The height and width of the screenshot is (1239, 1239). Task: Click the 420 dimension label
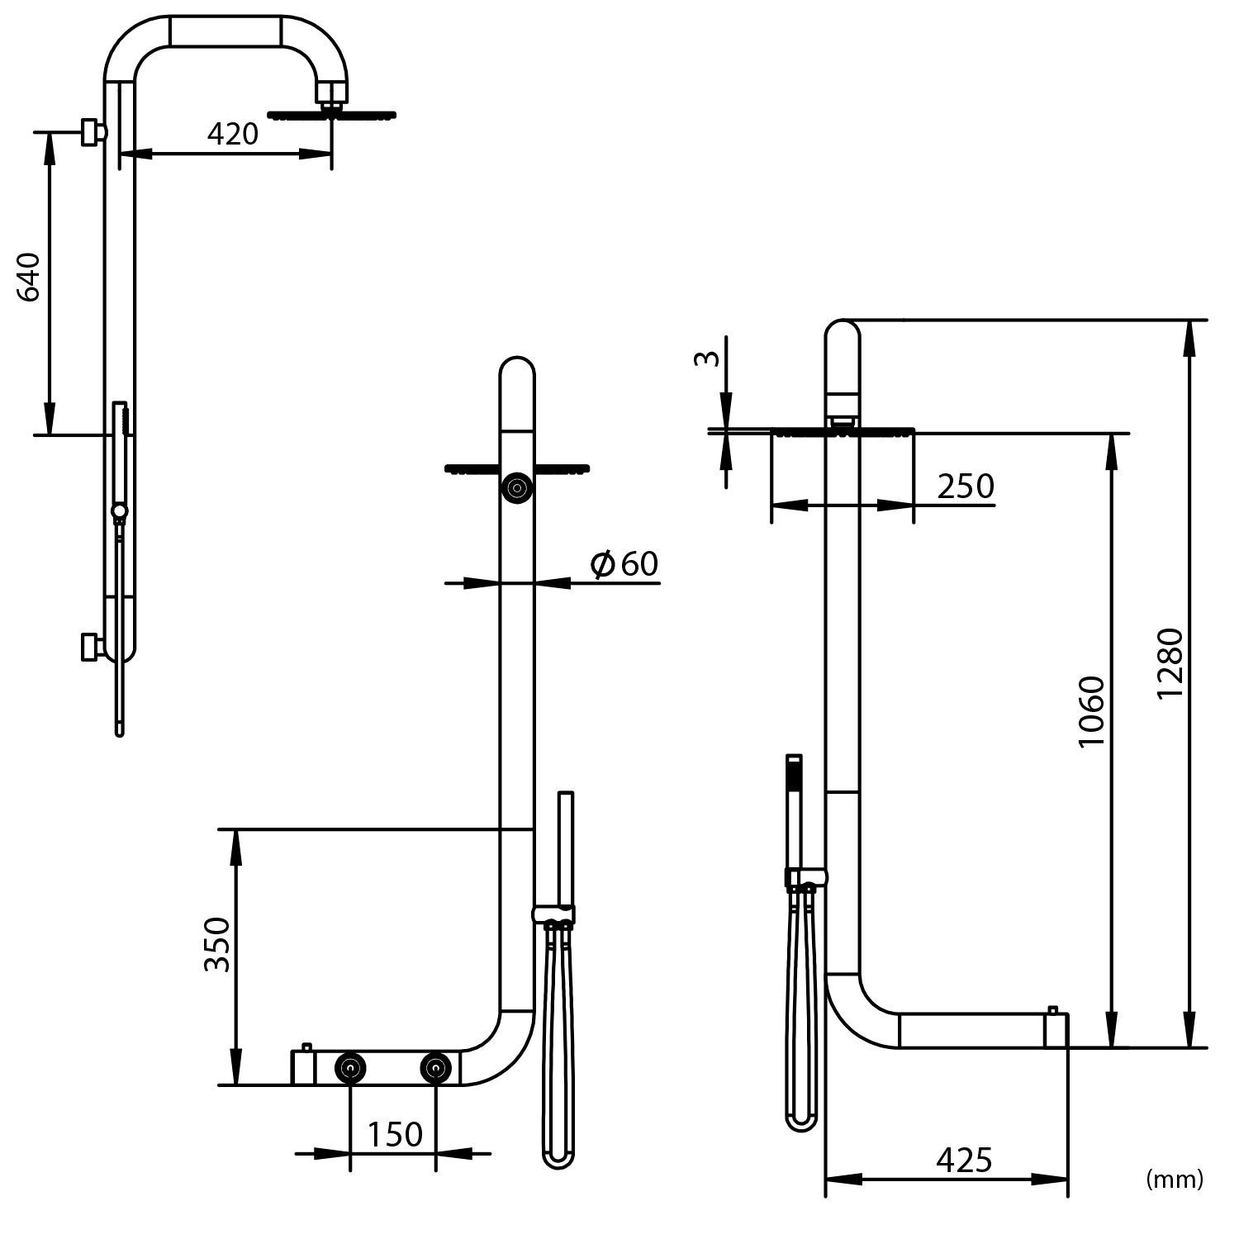pos(232,134)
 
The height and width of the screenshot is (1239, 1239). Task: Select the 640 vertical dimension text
pos(30,278)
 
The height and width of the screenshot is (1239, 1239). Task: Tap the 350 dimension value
pos(217,944)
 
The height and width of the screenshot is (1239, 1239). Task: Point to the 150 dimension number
pos(394,1134)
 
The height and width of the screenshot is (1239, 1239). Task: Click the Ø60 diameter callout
pos(624,564)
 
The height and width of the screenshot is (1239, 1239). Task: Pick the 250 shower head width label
pos(965,487)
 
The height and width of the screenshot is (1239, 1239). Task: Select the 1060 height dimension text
pos(1091,711)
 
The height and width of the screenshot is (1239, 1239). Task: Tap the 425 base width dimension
pos(964,1161)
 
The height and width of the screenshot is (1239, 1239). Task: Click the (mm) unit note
pos(1175,1180)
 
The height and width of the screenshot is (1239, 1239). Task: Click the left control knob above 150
pos(350,1068)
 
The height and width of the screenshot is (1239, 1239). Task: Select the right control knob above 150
pos(435,1068)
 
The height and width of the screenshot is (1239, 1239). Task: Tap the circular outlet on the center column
pos(517,487)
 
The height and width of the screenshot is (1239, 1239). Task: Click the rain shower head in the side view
pos(332,115)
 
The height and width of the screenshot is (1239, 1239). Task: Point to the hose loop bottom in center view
pos(558,1159)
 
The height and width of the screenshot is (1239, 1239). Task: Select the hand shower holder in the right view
pos(805,877)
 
